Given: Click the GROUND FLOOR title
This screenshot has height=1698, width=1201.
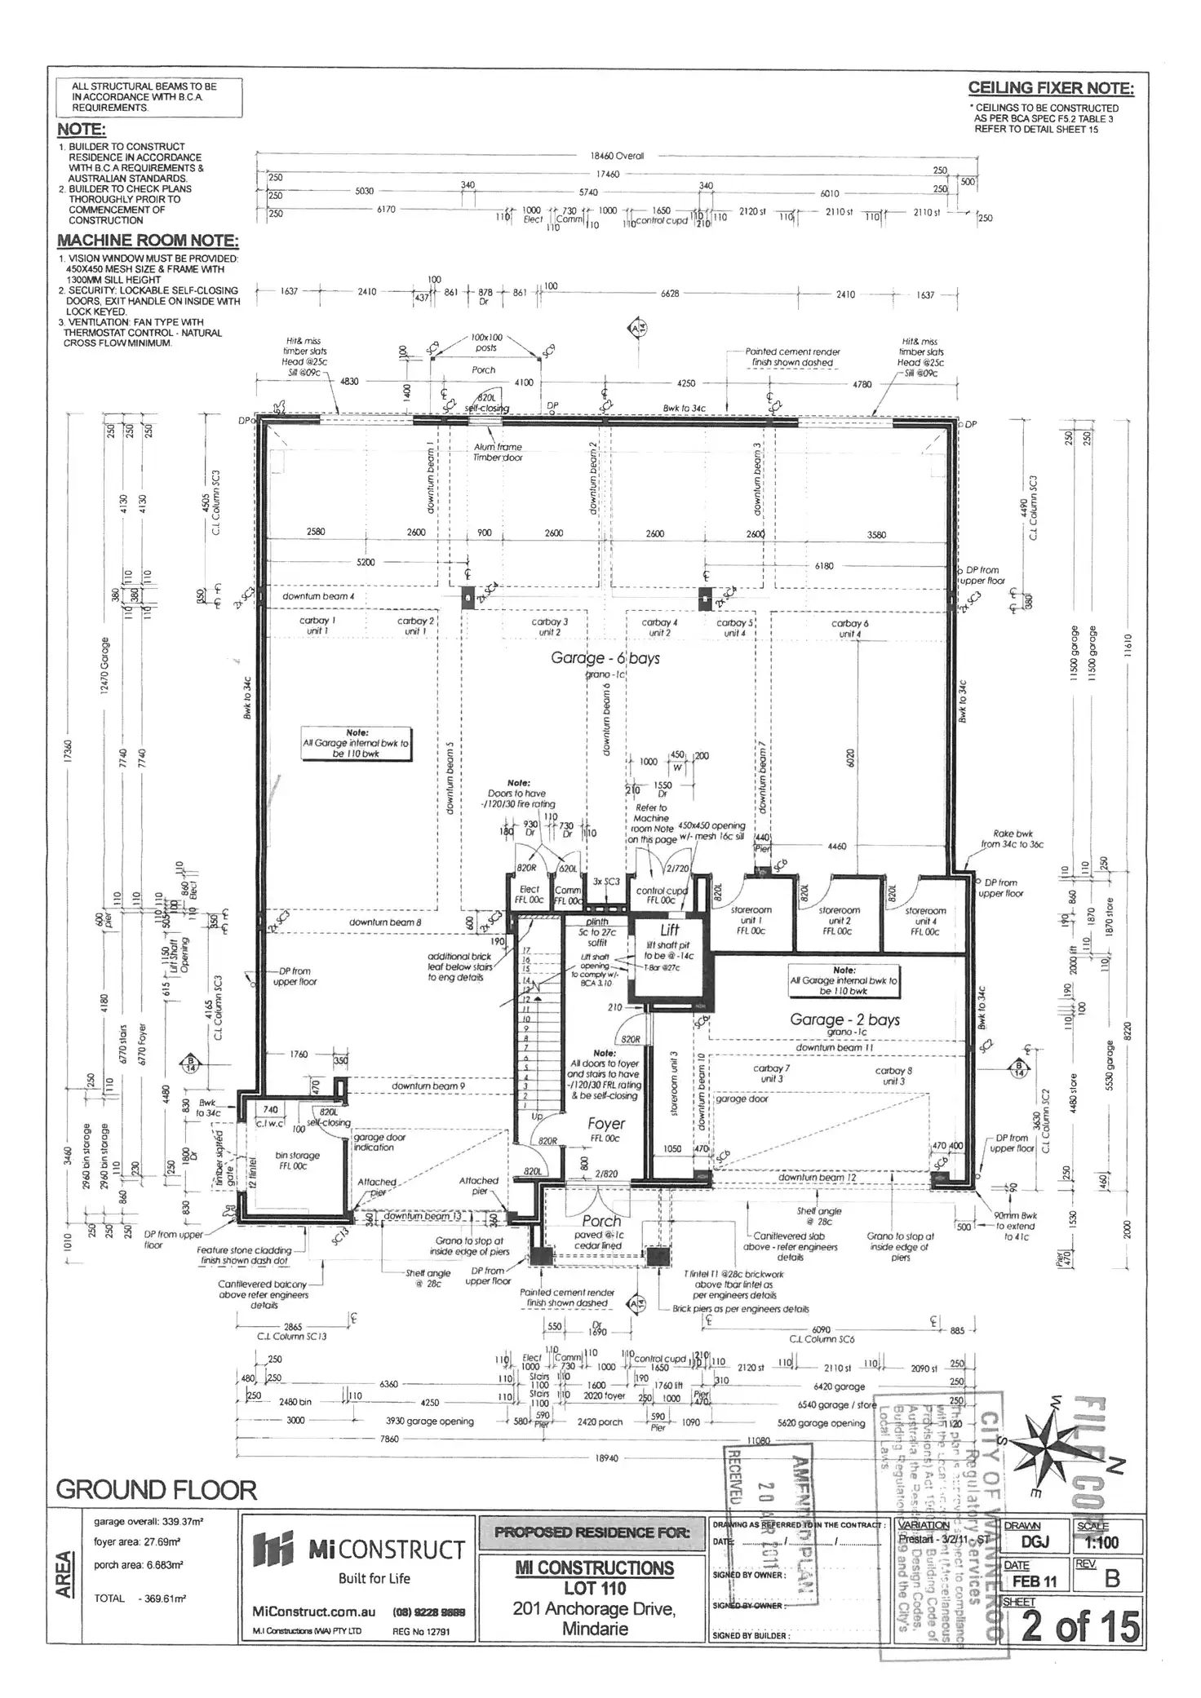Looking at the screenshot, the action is pyautogui.click(x=156, y=1490).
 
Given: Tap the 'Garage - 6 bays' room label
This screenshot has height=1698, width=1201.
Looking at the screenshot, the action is pyautogui.click(x=605, y=658).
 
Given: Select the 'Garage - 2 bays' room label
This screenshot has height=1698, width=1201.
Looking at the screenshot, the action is pyautogui.click(x=844, y=1019).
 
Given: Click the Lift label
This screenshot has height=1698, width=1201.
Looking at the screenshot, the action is pyautogui.click(x=669, y=930).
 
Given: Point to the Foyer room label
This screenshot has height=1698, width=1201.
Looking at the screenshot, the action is pyautogui.click(x=605, y=1124).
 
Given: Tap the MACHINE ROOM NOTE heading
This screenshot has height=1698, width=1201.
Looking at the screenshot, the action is pyautogui.click(x=148, y=241).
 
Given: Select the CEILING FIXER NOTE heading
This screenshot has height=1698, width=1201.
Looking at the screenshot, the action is pyautogui.click(x=1050, y=88).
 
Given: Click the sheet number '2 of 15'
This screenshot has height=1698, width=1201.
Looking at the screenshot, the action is pyautogui.click(x=1080, y=1626).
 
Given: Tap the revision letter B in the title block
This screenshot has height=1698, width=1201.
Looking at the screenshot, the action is pyautogui.click(x=1111, y=1579).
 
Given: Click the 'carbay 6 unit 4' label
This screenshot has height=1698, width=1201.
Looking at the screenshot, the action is pyautogui.click(x=849, y=628).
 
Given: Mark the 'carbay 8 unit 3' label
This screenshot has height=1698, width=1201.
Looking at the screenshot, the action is pyautogui.click(x=893, y=1075).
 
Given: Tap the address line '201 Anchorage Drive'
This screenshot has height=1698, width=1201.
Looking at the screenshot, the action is pyautogui.click(x=593, y=1608).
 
